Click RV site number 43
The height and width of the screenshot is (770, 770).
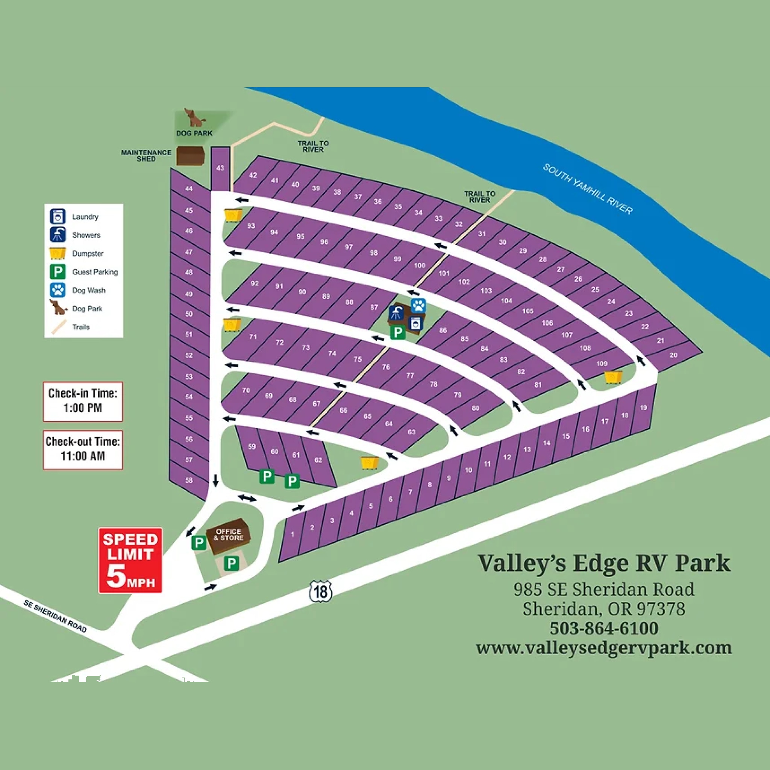tap(220, 168)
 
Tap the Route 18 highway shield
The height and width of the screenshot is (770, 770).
tap(320, 591)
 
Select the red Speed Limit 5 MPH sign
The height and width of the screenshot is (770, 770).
tap(130, 560)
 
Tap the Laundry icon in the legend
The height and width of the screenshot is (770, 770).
tap(58, 217)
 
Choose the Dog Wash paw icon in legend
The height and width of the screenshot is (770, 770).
tap(58, 290)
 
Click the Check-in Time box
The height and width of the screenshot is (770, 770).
tap(83, 401)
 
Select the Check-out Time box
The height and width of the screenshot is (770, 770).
tap(83, 449)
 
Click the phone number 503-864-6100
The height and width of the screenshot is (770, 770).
tap(604, 628)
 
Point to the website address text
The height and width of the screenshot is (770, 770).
tap(604, 648)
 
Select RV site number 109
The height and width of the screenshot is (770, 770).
tap(602, 363)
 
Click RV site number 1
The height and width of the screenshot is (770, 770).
tap(293, 534)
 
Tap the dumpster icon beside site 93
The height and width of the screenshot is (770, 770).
tap(233, 215)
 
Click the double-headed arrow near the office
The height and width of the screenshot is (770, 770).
tap(247, 498)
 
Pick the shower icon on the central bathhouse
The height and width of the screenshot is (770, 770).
tap(396, 312)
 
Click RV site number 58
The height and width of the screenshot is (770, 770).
tap(189, 480)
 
